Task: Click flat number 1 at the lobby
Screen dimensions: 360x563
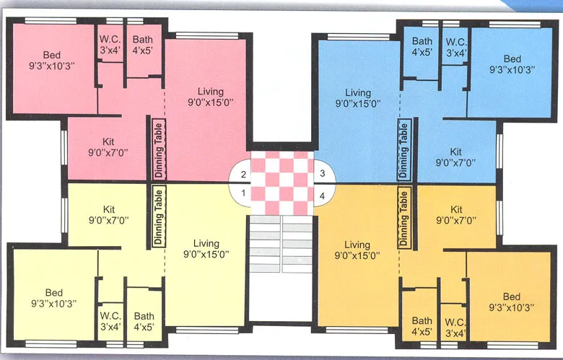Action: pos(244,193)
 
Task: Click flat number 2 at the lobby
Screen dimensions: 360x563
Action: pos(244,175)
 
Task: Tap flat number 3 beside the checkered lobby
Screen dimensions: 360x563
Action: pos(323,175)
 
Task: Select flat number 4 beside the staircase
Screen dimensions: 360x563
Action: pos(323,195)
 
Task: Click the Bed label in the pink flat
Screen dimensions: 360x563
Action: pos(51,55)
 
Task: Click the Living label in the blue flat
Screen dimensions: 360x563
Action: pos(358,93)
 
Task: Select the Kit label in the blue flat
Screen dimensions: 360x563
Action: pos(455,152)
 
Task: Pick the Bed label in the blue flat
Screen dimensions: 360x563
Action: pos(512,59)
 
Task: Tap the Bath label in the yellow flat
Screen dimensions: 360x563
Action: pos(144,316)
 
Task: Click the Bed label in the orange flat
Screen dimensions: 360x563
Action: pos(512,297)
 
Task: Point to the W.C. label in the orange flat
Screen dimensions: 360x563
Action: pos(454,322)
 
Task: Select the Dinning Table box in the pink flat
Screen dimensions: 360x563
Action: pos(159,149)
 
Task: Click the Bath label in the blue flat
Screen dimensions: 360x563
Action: pos(422,41)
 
